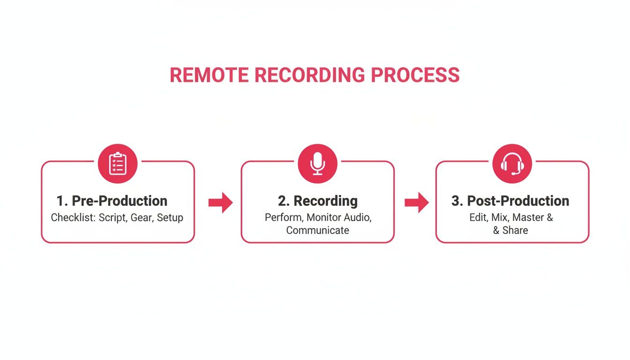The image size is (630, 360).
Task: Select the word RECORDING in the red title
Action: click(x=309, y=75)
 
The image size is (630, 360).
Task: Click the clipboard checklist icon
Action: click(x=117, y=164)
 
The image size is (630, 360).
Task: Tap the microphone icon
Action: click(x=317, y=164)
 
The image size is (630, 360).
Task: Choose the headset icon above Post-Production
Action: click(x=512, y=164)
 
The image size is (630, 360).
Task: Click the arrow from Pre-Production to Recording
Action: click(x=220, y=202)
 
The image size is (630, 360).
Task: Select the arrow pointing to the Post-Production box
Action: click(x=416, y=202)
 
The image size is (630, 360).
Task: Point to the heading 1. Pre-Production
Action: click(x=112, y=201)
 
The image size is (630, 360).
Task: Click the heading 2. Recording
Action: click(x=317, y=201)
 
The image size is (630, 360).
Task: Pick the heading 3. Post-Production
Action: click(x=510, y=201)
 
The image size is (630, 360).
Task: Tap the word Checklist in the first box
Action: click(x=73, y=218)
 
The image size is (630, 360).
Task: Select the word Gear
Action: click(x=141, y=218)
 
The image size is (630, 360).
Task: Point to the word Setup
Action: click(x=170, y=218)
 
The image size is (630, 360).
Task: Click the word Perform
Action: click(x=283, y=218)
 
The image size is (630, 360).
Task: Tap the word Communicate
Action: click(x=317, y=231)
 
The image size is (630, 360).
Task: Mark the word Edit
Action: click(x=478, y=218)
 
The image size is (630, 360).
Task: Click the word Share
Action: click(x=515, y=231)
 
